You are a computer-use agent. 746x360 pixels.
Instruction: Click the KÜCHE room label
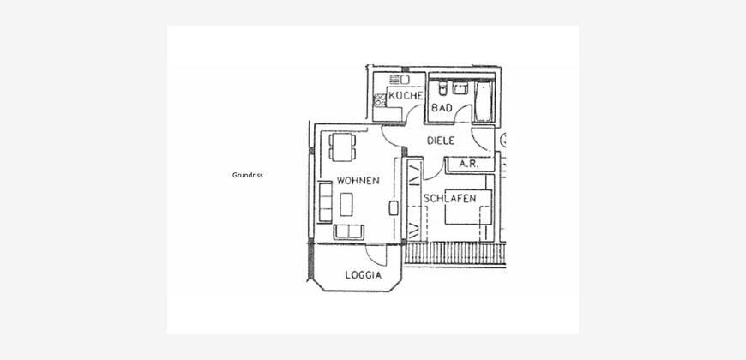click(406, 96)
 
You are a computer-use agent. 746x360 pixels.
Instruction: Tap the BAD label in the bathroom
click(442, 108)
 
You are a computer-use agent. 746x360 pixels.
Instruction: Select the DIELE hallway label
click(441, 141)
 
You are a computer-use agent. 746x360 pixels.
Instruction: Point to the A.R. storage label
click(469, 165)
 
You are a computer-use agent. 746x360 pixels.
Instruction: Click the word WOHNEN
click(358, 181)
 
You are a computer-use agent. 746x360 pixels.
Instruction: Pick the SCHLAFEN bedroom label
click(449, 199)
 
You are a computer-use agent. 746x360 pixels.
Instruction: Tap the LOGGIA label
click(364, 275)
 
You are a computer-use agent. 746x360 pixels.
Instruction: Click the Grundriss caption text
click(248, 175)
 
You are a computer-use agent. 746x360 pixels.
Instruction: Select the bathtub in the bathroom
click(483, 101)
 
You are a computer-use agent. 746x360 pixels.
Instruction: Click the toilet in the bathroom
click(443, 88)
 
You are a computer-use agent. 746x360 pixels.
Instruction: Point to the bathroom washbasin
click(460, 88)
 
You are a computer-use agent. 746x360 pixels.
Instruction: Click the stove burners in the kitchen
click(380, 100)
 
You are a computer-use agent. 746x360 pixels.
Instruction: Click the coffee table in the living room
click(346, 204)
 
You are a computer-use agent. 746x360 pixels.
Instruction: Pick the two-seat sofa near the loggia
click(349, 232)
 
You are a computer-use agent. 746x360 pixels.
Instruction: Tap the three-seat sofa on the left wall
click(326, 201)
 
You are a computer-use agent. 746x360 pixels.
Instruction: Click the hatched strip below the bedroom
click(454, 253)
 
